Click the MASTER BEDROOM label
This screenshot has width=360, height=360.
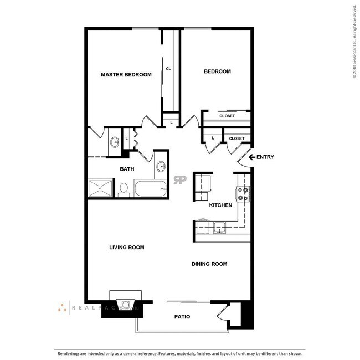pyautogui.click(x=126, y=74)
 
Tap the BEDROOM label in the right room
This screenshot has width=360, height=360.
pyautogui.click(x=217, y=71)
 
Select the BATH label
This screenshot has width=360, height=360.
pyautogui.click(x=128, y=169)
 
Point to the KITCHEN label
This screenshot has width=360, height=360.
pyautogui.click(x=220, y=205)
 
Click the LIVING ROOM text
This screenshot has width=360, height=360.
pyautogui.click(x=126, y=248)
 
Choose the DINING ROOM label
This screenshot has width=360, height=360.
pyautogui.click(x=209, y=264)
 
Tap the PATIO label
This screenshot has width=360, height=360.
pyautogui.click(x=182, y=317)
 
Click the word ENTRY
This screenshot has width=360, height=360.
pyautogui.click(x=265, y=157)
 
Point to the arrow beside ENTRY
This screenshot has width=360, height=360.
pyautogui.click(x=251, y=157)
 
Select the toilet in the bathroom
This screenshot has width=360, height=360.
pyautogui.click(x=124, y=189)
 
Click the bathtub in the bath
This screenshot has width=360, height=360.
pyautogui.click(x=150, y=189)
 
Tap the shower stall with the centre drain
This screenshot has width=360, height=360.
pyautogui.click(x=100, y=189)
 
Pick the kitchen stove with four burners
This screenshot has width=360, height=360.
pyautogui.click(x=244, y=193)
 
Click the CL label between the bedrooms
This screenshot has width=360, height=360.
pyautogui.click(x=168, y=69)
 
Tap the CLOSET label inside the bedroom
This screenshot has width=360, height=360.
pyautogui.click(x=227, y=116)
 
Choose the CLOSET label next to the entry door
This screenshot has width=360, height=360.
pyautogui.click(x=236, y=138)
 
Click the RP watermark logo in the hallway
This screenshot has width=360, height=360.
pyautogui.click(x=180, y=179)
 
